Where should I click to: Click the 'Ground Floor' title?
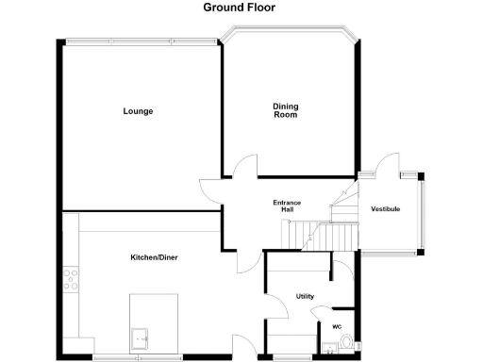240,7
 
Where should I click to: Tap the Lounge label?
138,111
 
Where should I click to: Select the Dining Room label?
286,111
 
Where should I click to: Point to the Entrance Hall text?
286,206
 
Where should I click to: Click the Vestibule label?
386,208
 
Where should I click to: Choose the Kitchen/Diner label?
155,257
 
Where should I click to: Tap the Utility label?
305,296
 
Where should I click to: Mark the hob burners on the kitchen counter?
70,280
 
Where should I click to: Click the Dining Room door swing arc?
243,165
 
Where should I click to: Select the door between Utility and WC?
324,312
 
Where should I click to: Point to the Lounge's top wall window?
142,41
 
